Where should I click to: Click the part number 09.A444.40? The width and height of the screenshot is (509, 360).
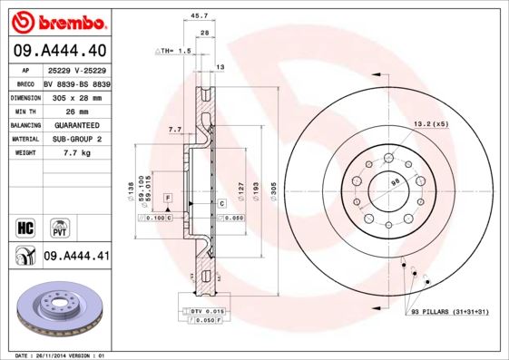(x=60, y=50)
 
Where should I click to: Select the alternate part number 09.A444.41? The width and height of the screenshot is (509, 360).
(x=76, y=257)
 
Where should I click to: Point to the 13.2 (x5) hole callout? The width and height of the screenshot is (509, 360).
(x=431, y=123)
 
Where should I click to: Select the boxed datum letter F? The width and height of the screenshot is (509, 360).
(x=167, y=197)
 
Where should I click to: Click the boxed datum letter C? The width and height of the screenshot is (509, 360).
(x=220, y=204)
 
